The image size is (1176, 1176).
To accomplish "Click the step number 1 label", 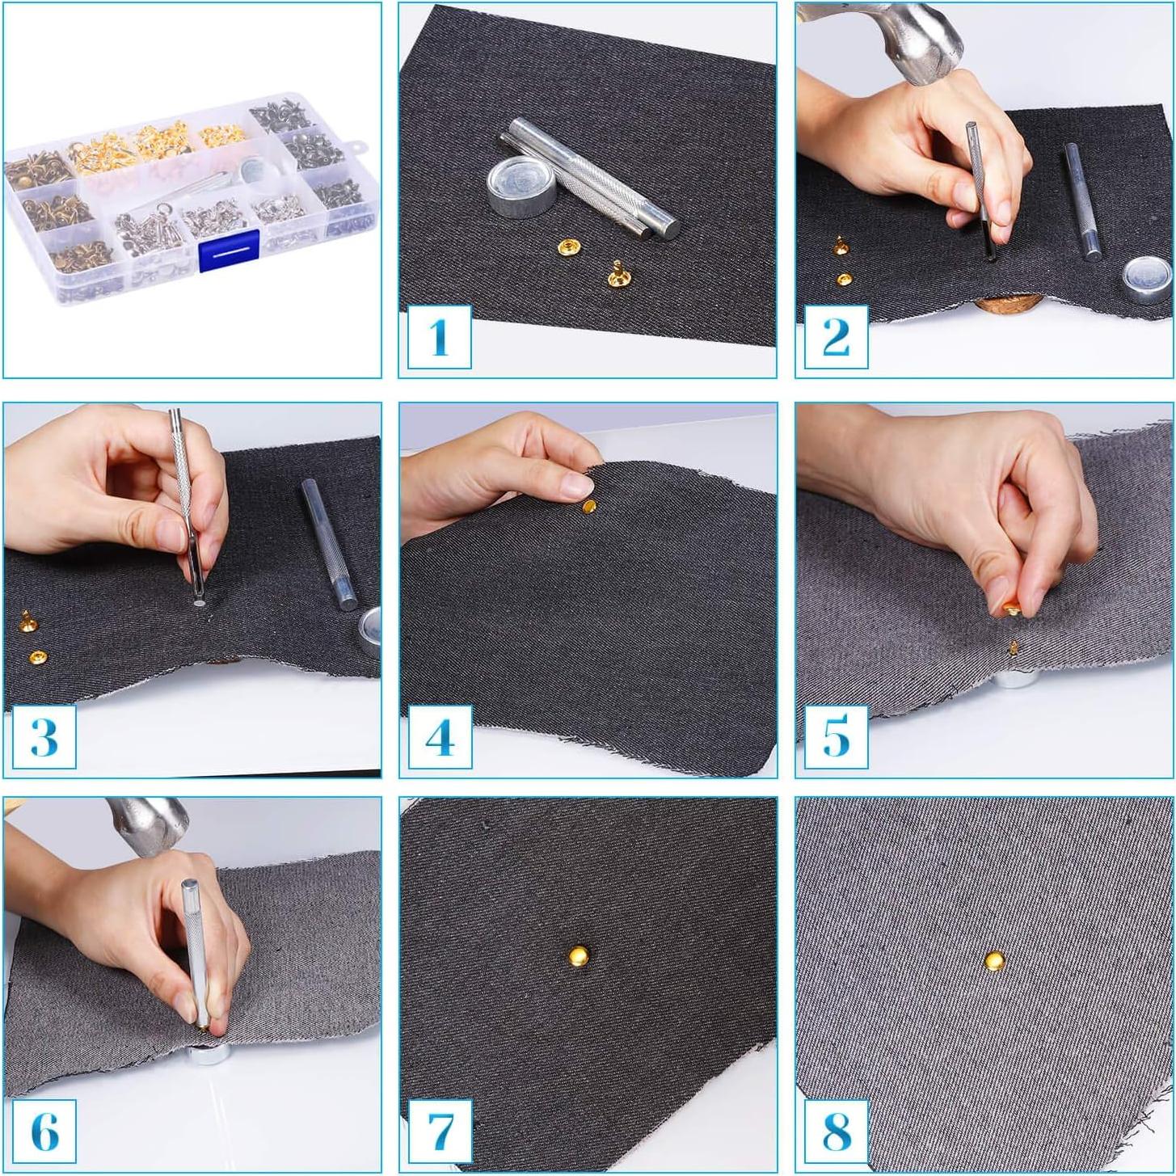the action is (440, 337).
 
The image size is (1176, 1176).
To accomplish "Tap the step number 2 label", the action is (836, 337).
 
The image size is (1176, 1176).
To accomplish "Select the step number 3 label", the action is (44, 736).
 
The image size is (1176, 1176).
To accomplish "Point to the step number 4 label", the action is (440, 736).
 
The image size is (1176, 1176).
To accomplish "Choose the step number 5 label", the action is (836, 736).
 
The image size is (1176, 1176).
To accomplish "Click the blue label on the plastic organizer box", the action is (230, 251).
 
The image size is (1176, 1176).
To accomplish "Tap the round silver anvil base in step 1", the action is (522, 187).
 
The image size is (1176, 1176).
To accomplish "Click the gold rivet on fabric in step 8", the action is (996, 960).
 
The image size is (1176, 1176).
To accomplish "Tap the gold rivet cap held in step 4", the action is (589, 506).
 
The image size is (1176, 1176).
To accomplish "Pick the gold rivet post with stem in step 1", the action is (619, 273).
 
